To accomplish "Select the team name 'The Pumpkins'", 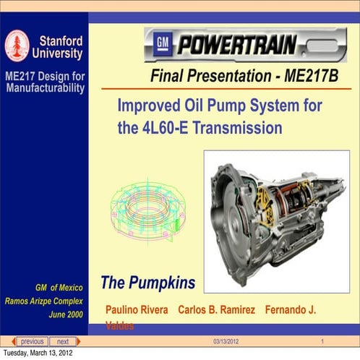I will tap(147, 281).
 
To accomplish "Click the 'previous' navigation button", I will tap(31, 341).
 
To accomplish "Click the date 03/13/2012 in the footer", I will tap(226, 341).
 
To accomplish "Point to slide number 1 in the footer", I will tap(321, 341).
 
